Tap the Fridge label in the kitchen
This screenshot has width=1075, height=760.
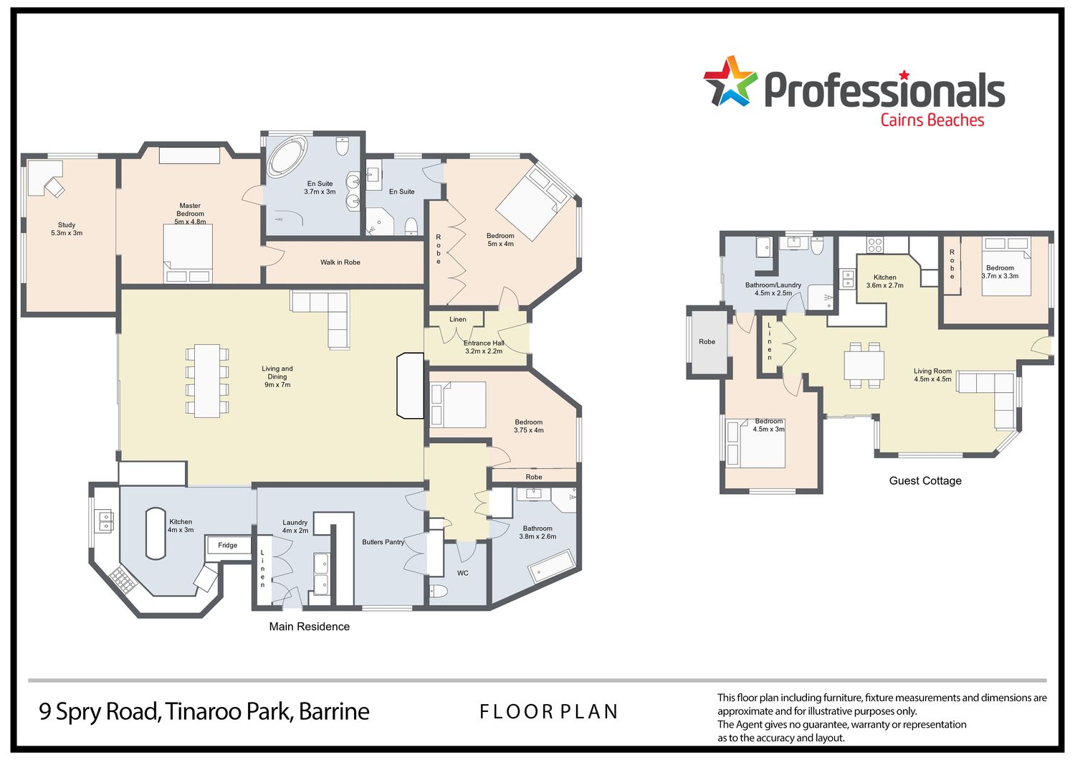(227, 545)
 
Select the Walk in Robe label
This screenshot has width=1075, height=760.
(340, 262)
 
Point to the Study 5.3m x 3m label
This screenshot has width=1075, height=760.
(67, 229)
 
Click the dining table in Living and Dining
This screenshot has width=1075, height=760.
(207, 380)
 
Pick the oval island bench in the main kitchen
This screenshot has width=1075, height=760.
(156, 533)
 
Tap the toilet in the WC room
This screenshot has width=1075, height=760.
(438, 591)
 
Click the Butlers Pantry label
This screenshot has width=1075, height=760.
(383, 542)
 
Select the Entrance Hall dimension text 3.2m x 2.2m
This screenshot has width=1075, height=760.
(484, 351)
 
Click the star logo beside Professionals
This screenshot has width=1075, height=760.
(730, 81)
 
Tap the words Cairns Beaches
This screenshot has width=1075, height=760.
(932, 120)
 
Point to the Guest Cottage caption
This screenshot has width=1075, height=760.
(925, 480)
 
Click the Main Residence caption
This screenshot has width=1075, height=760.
(309, 627)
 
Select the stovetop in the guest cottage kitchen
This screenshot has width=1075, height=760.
(875, 245)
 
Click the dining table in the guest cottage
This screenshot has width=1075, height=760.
(864, 366)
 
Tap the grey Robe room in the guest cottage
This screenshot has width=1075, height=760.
(707, 342)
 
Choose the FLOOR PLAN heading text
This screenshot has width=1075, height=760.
(548, 711)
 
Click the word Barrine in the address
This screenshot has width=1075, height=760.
(334, 711)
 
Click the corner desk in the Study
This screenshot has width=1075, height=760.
(45, 178)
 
